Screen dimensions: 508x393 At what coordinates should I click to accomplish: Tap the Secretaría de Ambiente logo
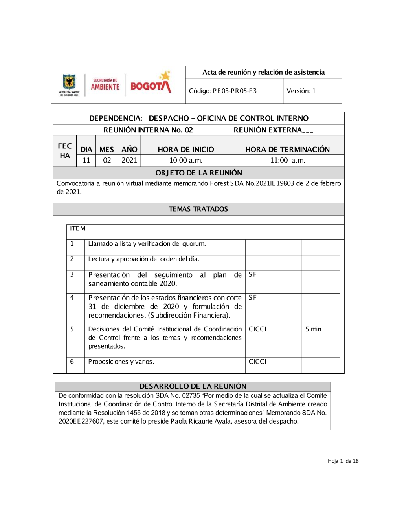105,85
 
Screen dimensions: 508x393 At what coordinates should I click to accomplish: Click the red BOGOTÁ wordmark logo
151,84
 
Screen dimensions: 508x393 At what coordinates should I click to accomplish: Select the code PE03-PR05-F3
222,91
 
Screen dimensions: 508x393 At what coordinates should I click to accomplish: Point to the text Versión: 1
301,91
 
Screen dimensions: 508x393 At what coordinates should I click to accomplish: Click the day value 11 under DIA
86,161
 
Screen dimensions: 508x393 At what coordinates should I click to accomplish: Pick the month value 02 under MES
107,161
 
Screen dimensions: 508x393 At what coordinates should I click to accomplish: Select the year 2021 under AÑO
129,161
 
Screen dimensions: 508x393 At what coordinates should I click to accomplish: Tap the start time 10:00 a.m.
186,161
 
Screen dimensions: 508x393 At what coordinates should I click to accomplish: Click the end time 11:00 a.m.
287,161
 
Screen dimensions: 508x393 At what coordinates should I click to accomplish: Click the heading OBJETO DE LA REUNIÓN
198,173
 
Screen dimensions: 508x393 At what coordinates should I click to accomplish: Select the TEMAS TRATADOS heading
198,209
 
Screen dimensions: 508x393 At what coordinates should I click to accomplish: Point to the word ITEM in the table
77,228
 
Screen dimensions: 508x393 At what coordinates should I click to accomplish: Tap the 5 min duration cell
313,329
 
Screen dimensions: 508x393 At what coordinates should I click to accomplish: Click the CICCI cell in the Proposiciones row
257,362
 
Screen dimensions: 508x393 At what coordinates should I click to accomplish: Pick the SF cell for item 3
253,275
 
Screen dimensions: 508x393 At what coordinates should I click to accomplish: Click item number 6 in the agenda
72,362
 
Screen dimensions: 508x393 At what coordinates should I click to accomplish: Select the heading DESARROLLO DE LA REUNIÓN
193,386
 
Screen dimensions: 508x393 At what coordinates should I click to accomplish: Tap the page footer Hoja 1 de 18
343,461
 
